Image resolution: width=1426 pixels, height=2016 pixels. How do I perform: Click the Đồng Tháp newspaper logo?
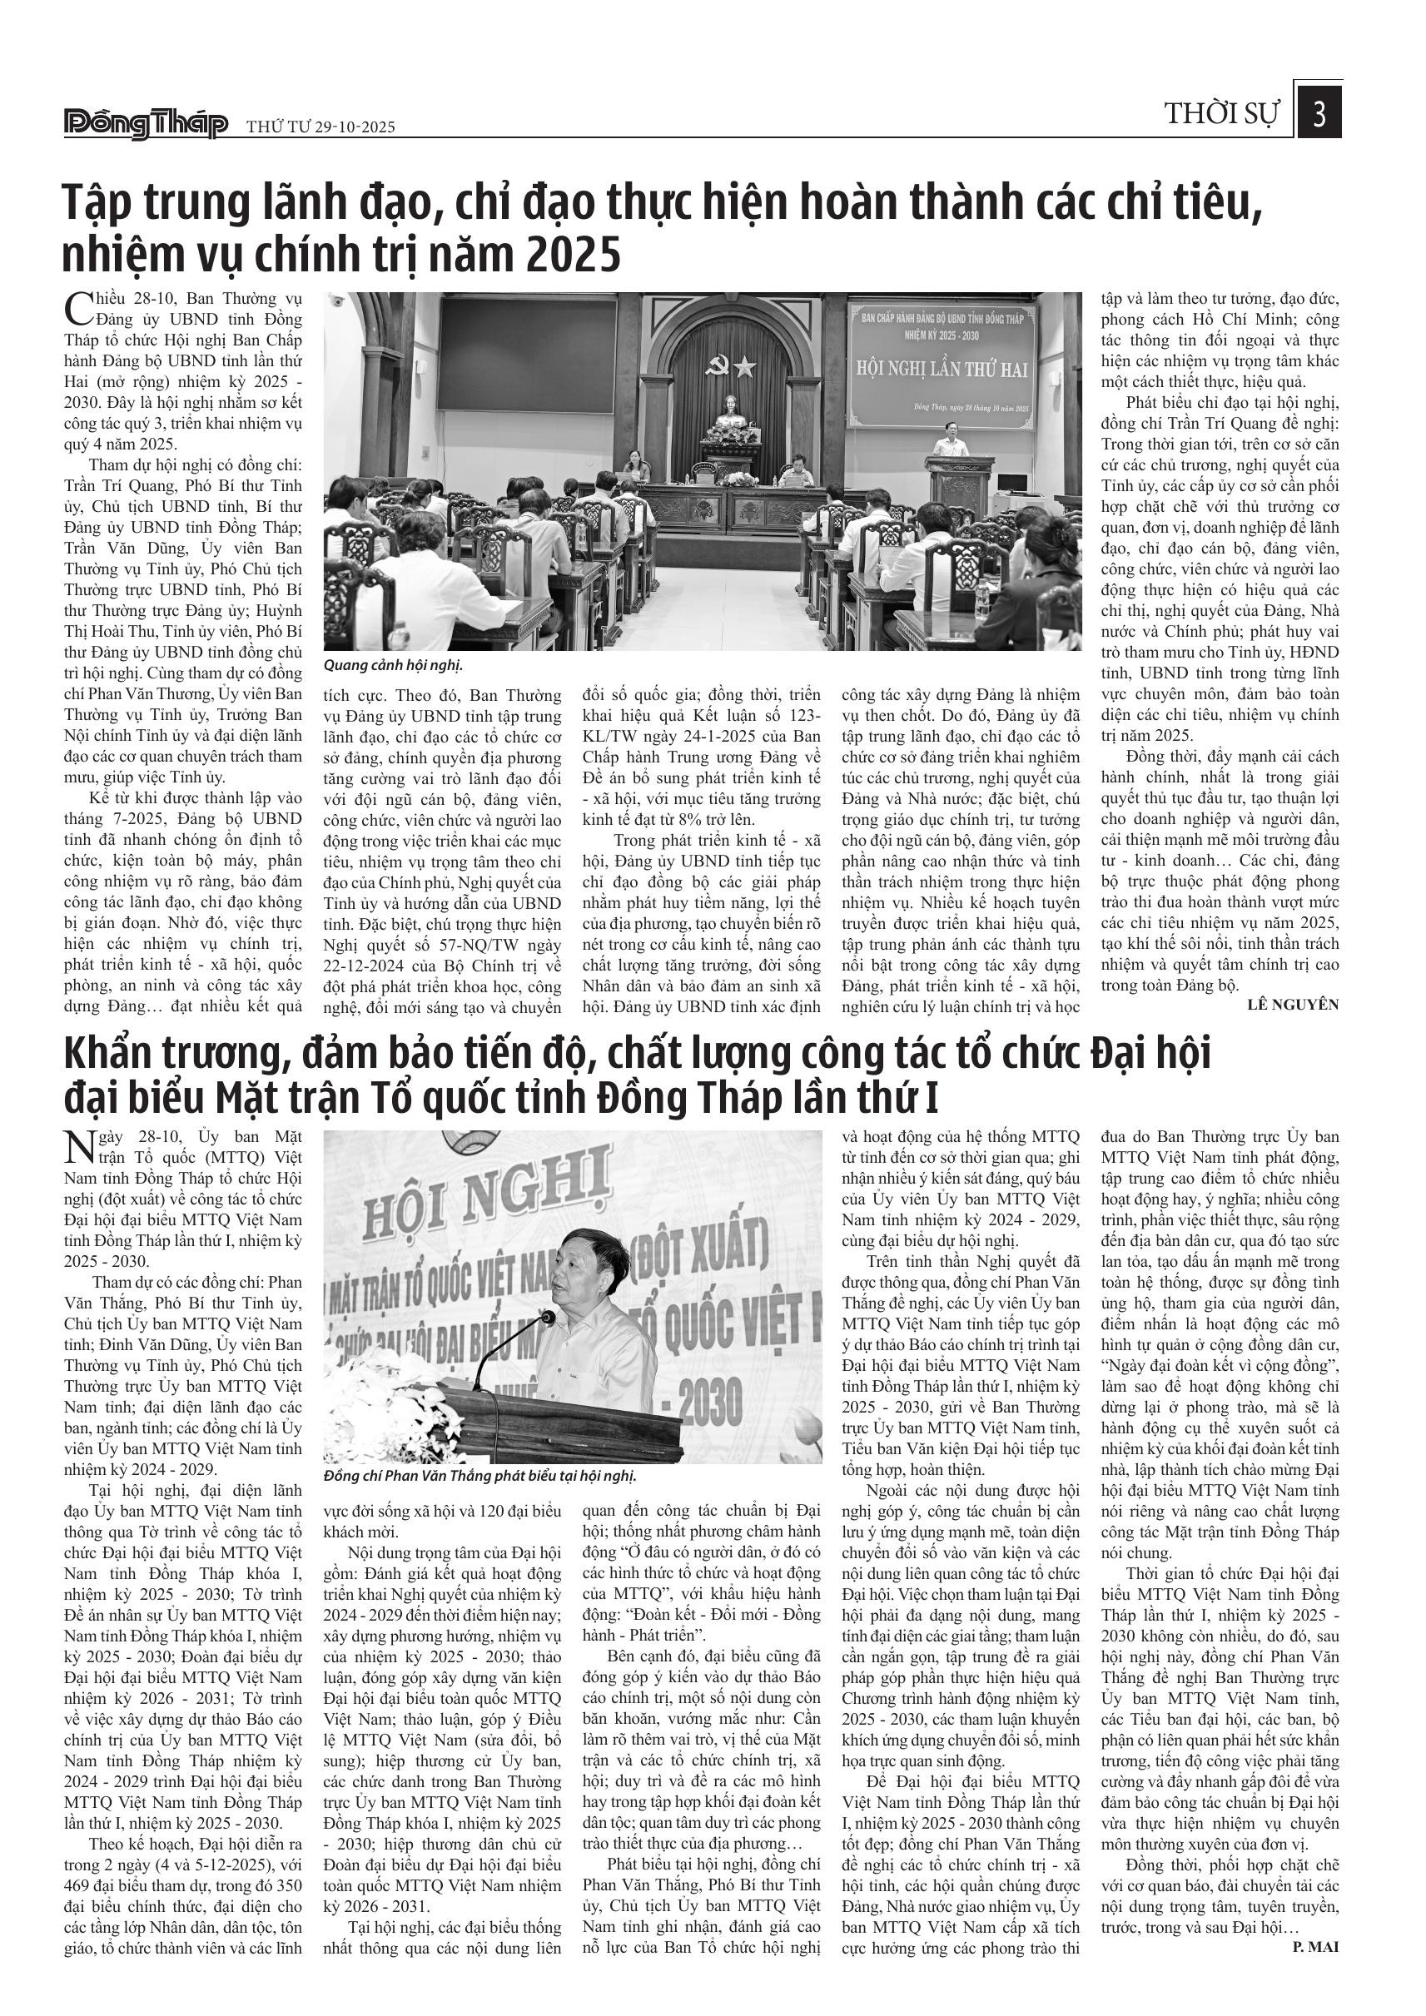click(x=146, y=124)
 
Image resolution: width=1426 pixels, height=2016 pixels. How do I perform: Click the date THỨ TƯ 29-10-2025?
click(x=320, y=127)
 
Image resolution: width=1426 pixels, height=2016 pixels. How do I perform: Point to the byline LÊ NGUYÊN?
click(x=1293, y=1005)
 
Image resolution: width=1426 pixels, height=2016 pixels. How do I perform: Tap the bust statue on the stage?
click(x=728, y=411)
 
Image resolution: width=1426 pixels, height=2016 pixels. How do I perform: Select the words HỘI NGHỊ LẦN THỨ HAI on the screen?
click(x=942, y=369)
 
